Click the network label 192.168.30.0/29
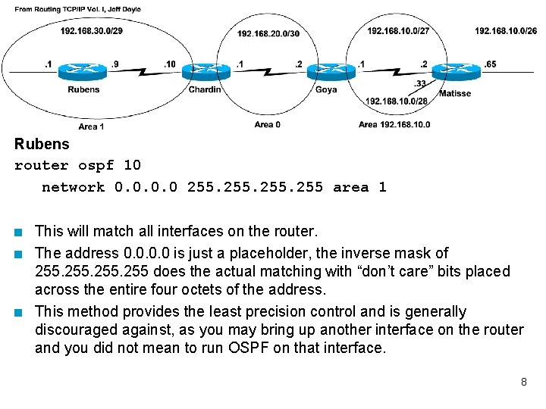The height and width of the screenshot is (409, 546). tap(92, 31)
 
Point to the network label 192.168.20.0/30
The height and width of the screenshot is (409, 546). tap(268, 34)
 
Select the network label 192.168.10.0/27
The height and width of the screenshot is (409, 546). tap(398, 31)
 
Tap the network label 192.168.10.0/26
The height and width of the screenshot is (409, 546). tap(506, 31)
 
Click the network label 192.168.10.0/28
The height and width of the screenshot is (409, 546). tap(397, 101)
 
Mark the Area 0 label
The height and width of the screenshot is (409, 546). tap(267, 125)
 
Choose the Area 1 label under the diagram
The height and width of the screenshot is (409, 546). tap(91, 126)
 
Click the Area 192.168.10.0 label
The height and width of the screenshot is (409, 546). tap(394, 125)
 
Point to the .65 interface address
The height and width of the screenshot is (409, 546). tap(491, 64)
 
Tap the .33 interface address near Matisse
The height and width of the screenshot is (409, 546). tap(420, 83)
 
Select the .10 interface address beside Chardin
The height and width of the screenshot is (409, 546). tap(169, 64)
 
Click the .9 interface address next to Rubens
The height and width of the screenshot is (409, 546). tap(114, 64)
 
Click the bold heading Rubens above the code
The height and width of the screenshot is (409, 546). tap(42, 144)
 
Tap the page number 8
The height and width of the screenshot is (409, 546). tap(523, 382)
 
